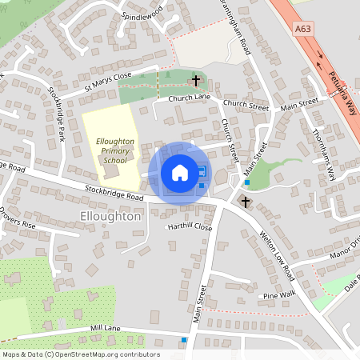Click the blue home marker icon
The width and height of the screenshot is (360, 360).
(x=179, y=172)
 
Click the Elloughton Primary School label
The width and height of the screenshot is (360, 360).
(x=114, y=150)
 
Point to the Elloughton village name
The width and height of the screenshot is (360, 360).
(x=111, y=216)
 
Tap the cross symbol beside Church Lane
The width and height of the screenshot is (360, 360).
(x=196, y=80)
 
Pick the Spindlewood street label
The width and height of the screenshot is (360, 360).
(x=142, y=14)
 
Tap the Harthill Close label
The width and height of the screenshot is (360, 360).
(x=190, y=227)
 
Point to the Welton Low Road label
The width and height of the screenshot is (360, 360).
(x=278, y=257)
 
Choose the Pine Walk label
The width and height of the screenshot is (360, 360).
(x=280, y=295)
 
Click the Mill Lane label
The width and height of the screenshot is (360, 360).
(x=105, y=328)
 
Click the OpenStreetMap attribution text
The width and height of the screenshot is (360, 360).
(x=81, y=354)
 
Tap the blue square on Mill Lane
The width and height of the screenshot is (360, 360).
(x=184, y=340)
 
